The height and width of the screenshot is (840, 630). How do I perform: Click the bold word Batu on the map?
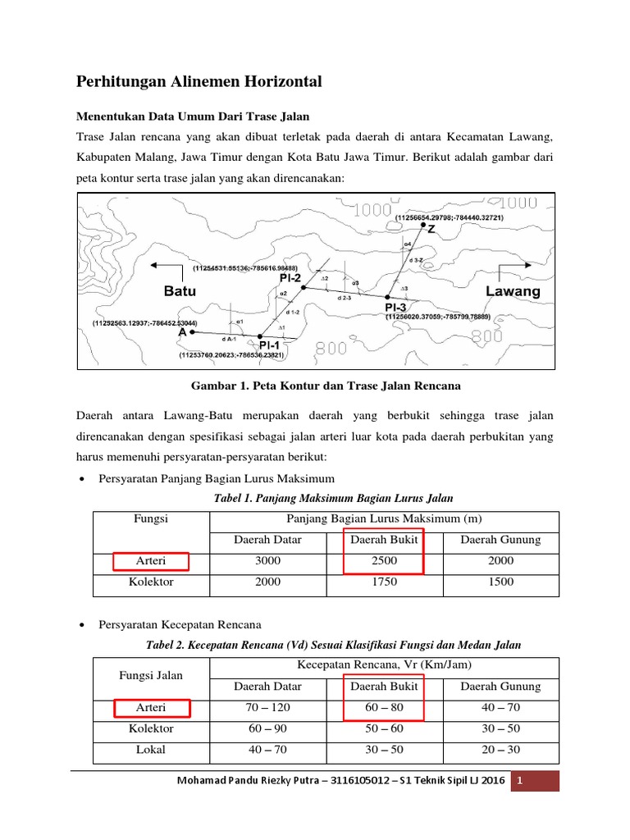coord(180,291)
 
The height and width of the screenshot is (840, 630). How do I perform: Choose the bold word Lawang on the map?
coord(513,291)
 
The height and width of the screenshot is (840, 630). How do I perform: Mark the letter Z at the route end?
coord(431,230)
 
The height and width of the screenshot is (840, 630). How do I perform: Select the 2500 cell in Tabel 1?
coord(384,561)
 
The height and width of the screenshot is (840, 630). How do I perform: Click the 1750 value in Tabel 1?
coord(384,582)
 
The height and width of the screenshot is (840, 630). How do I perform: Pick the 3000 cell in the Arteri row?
coord(268,561)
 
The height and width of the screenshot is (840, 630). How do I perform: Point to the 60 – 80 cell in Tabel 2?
coord(384,707)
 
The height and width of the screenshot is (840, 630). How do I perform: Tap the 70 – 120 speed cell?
coord(268,707)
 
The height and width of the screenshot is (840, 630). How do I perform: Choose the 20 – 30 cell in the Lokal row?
coord(500,749)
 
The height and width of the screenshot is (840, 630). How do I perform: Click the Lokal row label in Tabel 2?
coord(152,749)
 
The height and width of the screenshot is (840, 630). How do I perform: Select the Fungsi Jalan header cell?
coord(152,675)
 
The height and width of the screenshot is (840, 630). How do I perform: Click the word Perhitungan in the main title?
coord(125,82)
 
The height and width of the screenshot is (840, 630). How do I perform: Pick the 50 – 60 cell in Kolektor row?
coord(384,728)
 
